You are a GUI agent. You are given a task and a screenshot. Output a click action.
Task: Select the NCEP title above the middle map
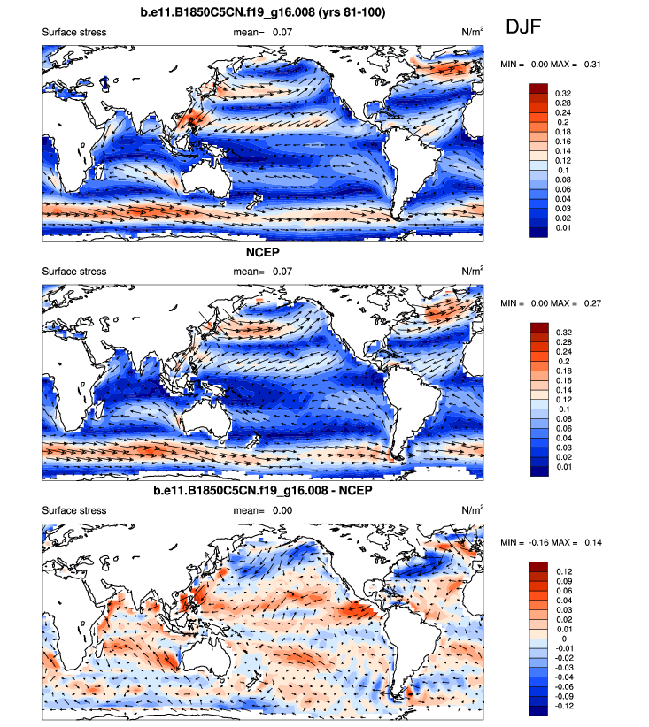pos(263,252)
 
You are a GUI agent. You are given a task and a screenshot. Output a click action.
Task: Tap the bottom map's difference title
pos(263,491)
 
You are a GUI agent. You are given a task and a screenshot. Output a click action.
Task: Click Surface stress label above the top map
pos(74,33)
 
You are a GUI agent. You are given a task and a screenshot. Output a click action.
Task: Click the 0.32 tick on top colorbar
pos(562,92)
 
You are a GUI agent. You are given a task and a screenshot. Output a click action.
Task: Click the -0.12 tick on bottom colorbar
pos(564,707)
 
